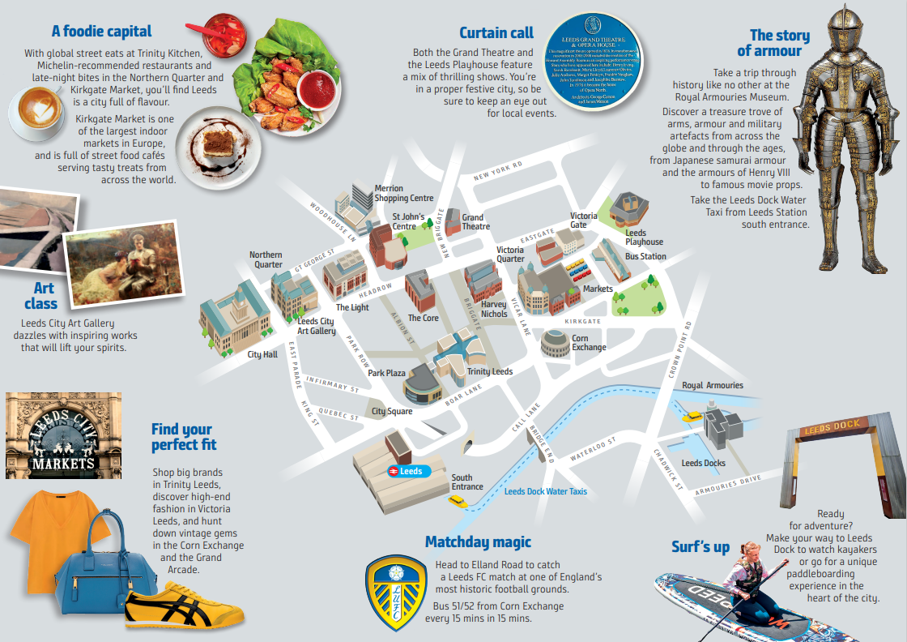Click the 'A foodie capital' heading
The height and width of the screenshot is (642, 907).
click(x=101, y=32)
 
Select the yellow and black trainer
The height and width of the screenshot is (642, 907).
click(x=184, y=610)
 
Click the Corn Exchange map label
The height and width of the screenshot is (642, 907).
click(x=588, y=343)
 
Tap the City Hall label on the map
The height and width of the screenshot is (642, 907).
click(x=262, y=354)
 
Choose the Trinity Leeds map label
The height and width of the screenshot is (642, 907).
click(x=489, y=371)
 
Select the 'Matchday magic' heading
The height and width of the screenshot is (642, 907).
click(x=478, y=541)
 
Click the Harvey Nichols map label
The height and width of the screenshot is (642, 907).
click(x=494, y=309)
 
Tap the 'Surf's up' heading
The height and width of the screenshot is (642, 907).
click(x=700, y=547)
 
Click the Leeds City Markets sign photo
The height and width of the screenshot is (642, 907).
click(x=63, y=435)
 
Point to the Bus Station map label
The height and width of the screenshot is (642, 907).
click(x=645, y=256)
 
